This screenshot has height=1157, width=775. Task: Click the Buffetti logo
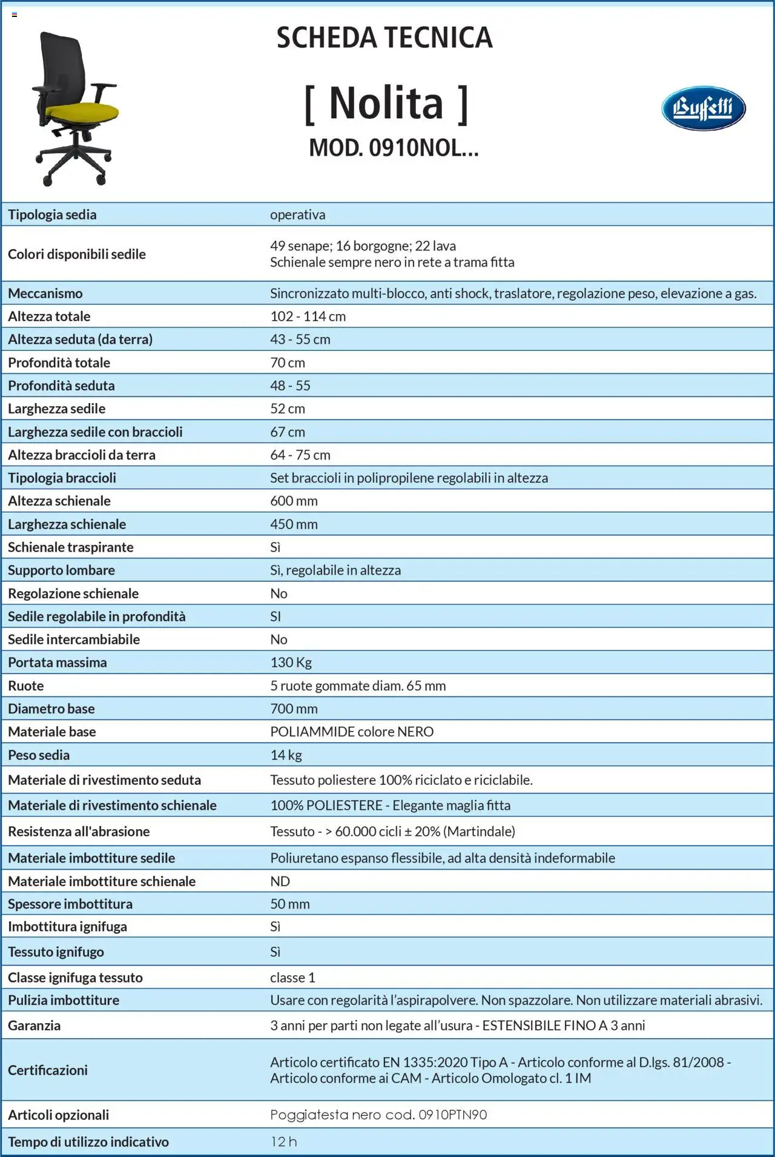click(703, 108)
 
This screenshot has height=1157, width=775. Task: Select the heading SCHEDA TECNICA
click(384, 38)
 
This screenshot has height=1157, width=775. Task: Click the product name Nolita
click(386, 103)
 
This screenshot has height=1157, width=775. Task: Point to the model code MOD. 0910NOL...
click(394, 148)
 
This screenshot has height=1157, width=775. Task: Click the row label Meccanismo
click(45, 293)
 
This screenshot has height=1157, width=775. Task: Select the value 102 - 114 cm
click(308, 316)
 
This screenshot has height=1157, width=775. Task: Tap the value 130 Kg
click(291, 662)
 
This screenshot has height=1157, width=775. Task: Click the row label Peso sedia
click(39, 755)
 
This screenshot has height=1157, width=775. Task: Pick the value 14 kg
click(286, 755)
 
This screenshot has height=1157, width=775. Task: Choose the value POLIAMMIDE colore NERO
click(352, 732)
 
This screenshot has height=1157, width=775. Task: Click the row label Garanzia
click(34, 1025)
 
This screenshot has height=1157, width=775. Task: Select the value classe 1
click(292, 978)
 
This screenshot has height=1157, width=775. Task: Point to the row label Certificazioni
click(48, 1070)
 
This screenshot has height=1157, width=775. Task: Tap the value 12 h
click(283, 1142)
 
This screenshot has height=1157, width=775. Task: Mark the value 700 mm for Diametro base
click(294, 709)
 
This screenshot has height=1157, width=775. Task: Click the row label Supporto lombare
click(61, 570)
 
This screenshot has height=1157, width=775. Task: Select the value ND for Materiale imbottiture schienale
click(280, 881)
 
